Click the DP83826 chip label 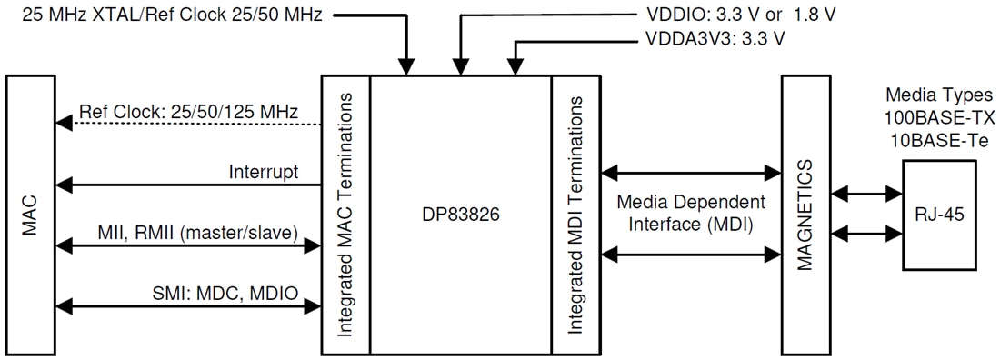(x=460, y=217)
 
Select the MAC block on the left (x=31, y=217)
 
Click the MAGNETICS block (x=807, y=215)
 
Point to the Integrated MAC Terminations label (x=345, y=217)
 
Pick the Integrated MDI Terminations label (x=575, y=217)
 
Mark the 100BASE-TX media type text (x=941, y=119)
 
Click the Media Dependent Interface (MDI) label (x=690, y=211)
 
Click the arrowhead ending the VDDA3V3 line (x=515, y=67)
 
